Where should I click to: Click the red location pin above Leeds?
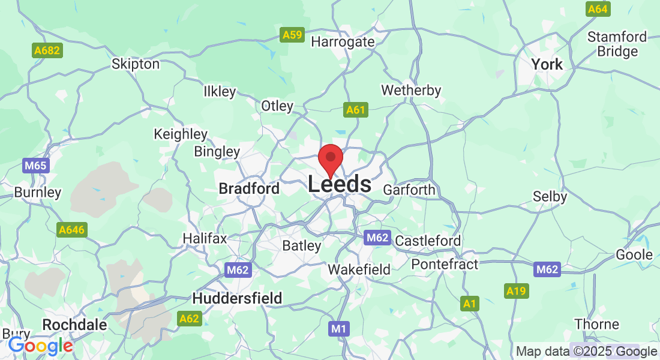tap(330, 160)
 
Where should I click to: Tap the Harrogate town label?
tap(343, 42)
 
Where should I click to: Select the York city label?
tap(547, 64)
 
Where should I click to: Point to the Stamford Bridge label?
tap(617, 44)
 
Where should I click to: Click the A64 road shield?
tap(598, 9)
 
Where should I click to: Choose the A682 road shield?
tap(47, 50)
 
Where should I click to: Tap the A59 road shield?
tap(292, 35)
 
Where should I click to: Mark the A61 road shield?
tap(355, 110)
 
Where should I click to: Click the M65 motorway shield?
tap(36, 166)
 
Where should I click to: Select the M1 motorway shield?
tap(339, 329)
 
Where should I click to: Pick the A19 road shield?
tap(516, 292)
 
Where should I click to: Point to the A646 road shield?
tap(72, 230)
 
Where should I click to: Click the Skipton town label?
tap(136, 64)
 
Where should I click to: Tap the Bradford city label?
tap(249, 188)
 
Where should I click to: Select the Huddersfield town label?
tap(237, 298)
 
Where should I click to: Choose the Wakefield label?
tap(359, 270)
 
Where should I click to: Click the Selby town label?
tap(550, 196)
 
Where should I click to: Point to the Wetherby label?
tap(411, 91)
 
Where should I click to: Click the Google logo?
tap(40, 346)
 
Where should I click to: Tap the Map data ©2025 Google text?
tap(586, 352)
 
